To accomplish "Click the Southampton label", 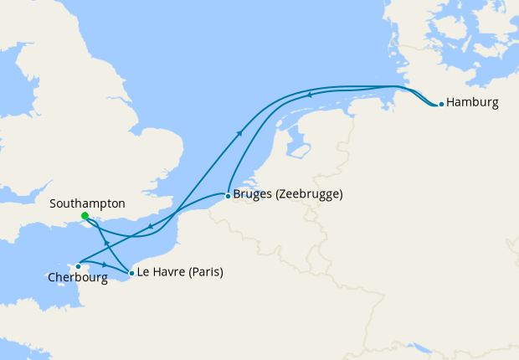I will coord(87,203).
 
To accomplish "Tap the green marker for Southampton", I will coord(85,217).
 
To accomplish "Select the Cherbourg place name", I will coord(78,278).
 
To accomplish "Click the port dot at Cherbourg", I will coord(78,267).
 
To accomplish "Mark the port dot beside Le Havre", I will coord(131,273).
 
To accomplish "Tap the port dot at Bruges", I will coord(229,196).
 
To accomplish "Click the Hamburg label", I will coord(473,104).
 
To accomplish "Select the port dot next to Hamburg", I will coord(440,105).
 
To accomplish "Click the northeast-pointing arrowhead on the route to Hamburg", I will coord(240,132).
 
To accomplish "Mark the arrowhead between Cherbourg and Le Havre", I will coord(104,265).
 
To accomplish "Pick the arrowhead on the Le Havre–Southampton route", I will coord(105,243).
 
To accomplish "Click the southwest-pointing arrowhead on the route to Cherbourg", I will coord(149,226).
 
